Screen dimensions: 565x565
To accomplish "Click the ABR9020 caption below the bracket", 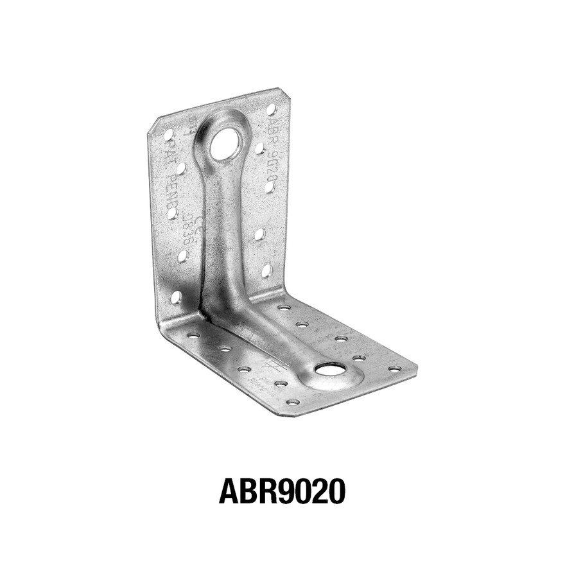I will (282, 491).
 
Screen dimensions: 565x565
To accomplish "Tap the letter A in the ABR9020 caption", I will (229, 491).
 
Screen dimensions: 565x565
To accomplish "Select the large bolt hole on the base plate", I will (330, 369).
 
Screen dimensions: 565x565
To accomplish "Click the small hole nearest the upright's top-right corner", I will (271, 110).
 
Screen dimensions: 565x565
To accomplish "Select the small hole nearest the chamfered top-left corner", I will (168, 135).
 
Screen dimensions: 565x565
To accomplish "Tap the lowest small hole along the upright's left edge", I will (176, 297).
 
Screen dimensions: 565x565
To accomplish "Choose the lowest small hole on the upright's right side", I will (266, 271).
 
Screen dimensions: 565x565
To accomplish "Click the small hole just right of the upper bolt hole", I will (259, 148).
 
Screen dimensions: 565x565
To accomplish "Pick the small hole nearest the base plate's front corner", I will (293, 402).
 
